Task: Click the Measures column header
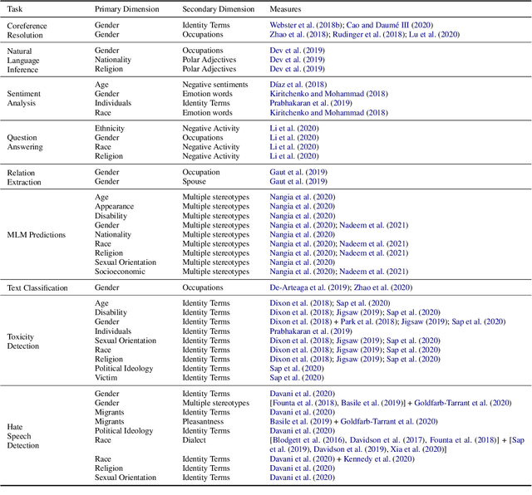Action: (x=286, y=8)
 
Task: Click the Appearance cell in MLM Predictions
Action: (x=114, y=206)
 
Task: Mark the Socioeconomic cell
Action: (x=121, y=272)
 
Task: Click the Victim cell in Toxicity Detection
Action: (x=106, y=377)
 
